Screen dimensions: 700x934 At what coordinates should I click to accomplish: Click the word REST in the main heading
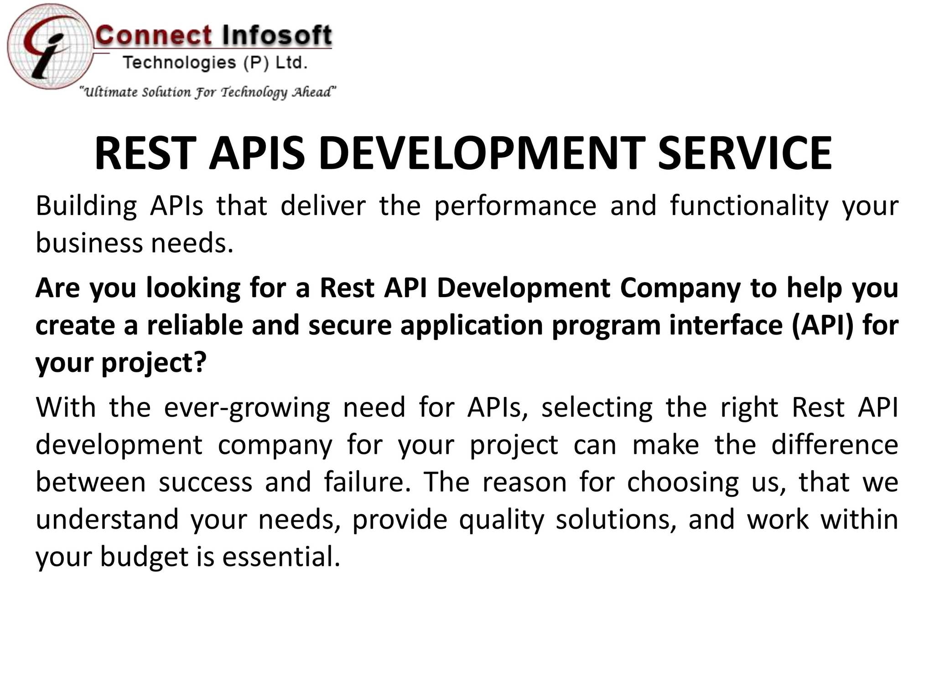pos(145,153)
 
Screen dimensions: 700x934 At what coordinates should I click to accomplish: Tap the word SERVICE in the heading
pos(745,153)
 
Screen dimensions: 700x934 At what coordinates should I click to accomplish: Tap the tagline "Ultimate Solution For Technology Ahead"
pos(208,92)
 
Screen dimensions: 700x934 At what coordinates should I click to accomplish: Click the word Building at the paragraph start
pos(86,206)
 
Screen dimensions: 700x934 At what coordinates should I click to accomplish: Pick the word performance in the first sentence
pos(515,206)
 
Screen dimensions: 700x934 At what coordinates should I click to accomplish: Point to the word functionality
pos(749,206)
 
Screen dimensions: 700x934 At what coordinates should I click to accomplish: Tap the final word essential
pos(281,557)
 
